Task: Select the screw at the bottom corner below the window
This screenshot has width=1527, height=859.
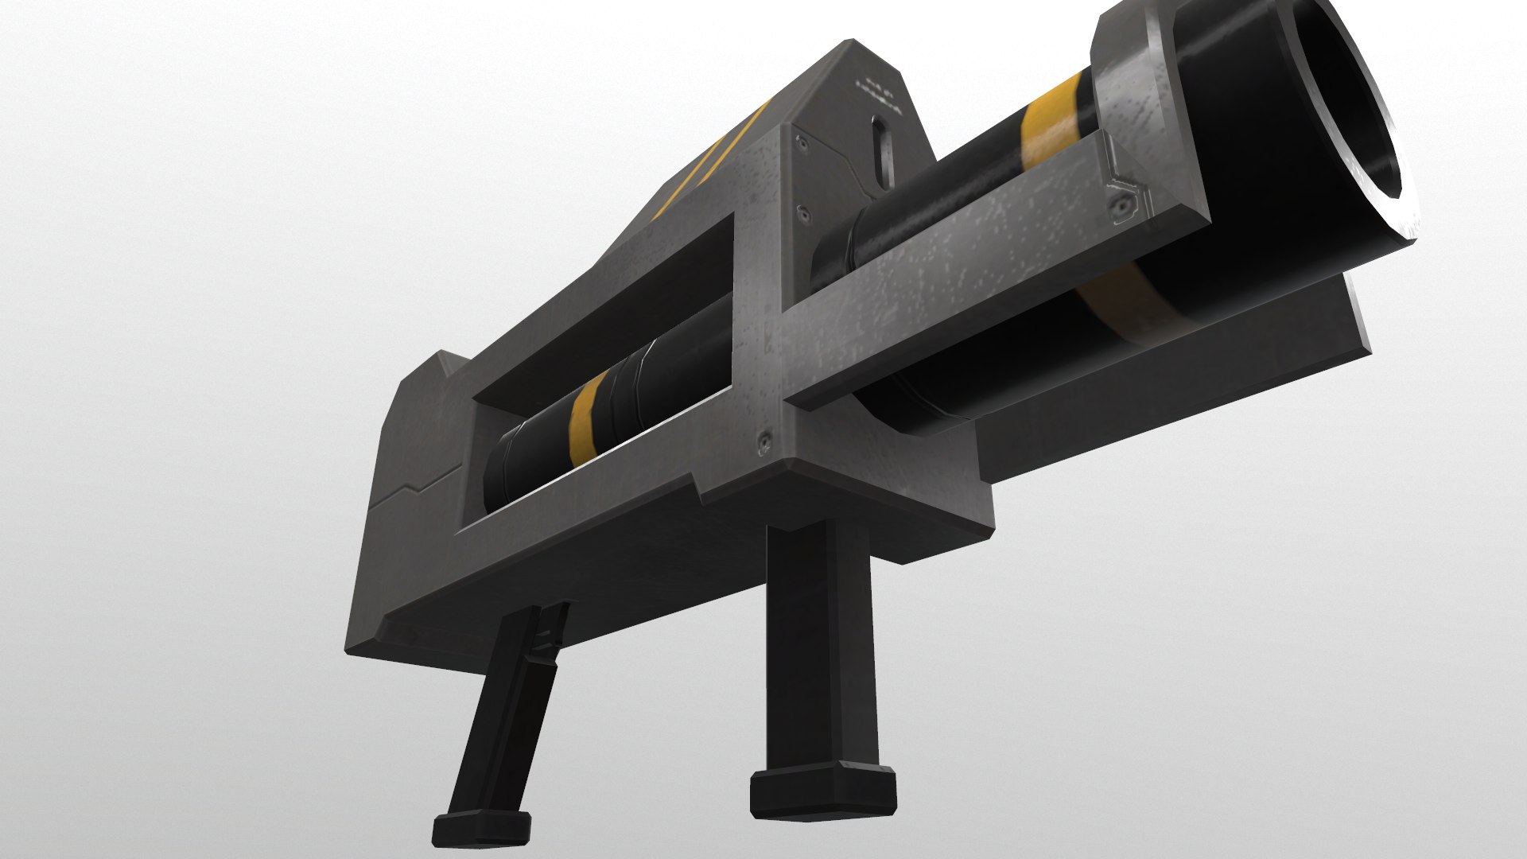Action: tap(765, 438)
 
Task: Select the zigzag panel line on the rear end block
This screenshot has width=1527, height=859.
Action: tap(414, 485)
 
